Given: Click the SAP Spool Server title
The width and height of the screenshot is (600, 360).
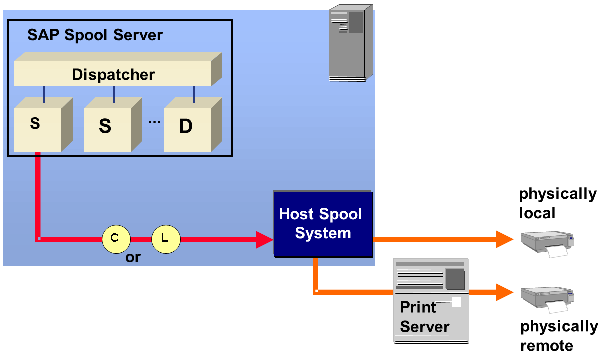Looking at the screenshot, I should pos(95,35).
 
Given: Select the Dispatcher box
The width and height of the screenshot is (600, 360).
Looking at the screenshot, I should pos(113,74).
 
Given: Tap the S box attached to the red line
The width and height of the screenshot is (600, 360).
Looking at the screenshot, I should pos(38,125).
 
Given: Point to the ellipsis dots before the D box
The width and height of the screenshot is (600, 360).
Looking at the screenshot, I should pos(154,122).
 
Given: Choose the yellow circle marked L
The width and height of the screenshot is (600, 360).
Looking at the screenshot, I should pos(165,239).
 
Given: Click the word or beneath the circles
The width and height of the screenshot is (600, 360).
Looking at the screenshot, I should pos(133,258).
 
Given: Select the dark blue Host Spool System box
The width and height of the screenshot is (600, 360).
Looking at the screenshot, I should pos(322,224).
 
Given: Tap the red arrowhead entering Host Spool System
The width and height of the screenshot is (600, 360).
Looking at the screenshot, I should pos(263,239).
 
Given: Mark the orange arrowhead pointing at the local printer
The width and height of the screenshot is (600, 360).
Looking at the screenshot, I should pos(505,239).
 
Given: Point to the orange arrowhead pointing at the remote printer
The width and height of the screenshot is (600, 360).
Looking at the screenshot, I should pos(505,292).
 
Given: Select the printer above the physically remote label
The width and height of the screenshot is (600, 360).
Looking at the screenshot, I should pos(547,298).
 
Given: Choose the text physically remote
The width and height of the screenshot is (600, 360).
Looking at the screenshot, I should pos(559,336).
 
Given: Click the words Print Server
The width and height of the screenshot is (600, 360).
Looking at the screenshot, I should pos(424,317).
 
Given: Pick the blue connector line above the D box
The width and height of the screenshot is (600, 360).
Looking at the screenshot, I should pos(194,94).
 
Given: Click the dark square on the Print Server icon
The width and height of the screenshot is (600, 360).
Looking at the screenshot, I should pos(455,279).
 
